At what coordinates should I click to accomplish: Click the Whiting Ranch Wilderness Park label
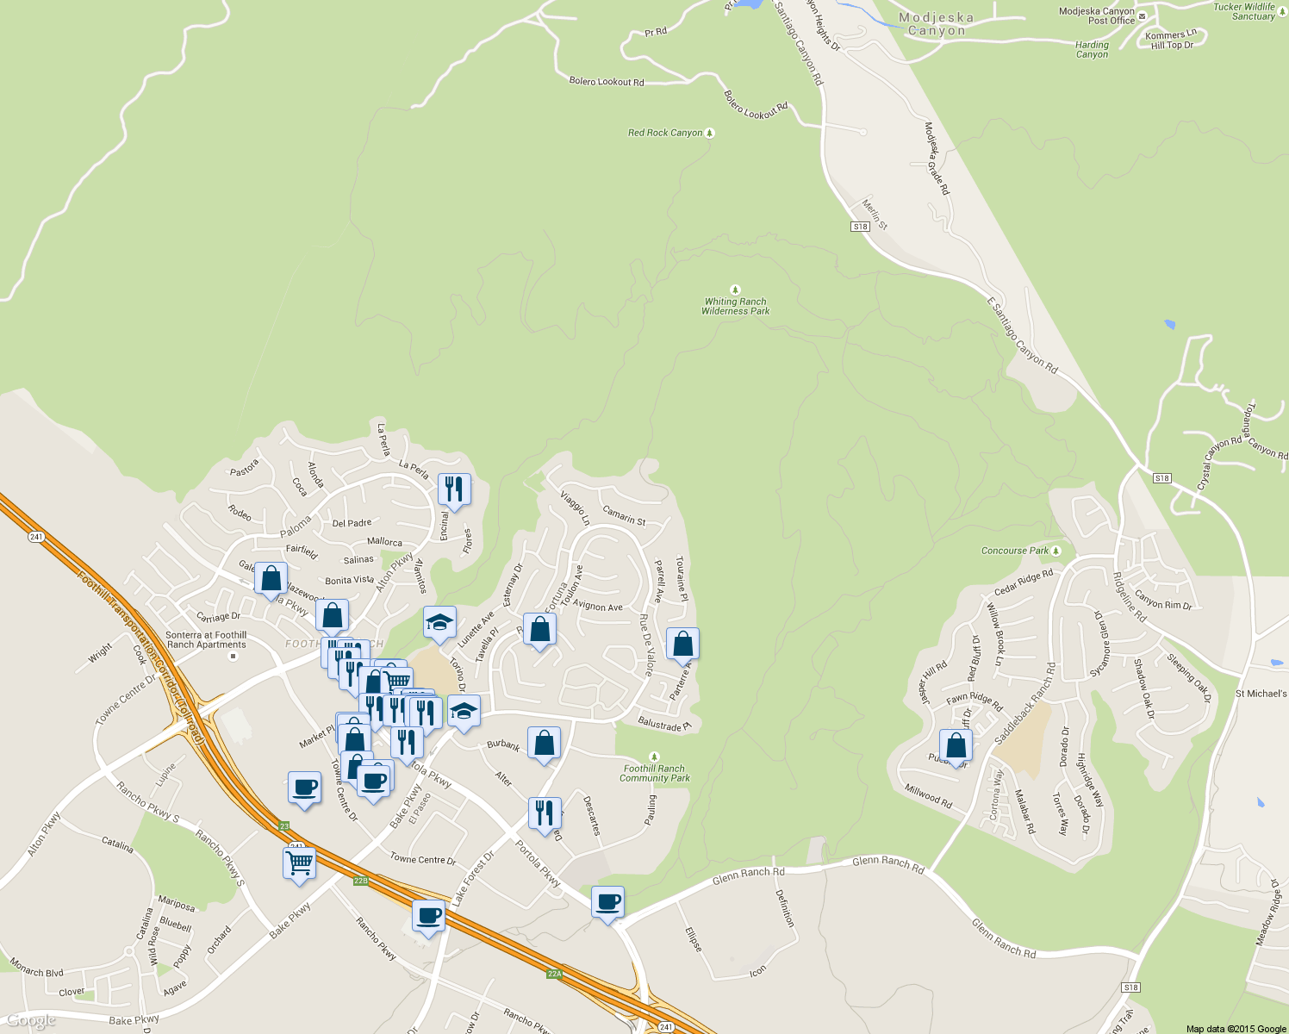pos(735,306)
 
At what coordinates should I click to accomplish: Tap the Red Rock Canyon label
pos(665,133)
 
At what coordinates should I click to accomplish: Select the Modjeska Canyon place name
pos(937,24)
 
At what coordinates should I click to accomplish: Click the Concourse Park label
pos(1015,551)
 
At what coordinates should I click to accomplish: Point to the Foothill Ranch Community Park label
pos(655,773)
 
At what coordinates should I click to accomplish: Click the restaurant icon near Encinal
pos(454,489)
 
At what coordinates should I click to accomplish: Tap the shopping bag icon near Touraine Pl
pos(682,644)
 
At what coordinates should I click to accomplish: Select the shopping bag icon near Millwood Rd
pos(956,745)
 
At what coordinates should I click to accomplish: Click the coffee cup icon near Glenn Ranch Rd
pos(607,902)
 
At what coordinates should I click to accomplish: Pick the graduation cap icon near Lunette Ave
pos(439,622)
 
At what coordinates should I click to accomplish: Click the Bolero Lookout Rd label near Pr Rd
pos(607,82)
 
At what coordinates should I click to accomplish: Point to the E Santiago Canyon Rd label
pos(1022,335)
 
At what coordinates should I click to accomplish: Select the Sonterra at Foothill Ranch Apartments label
pos(206,639)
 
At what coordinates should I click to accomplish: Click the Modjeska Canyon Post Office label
pos(1097,16)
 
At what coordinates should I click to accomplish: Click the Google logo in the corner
pos(31,1021)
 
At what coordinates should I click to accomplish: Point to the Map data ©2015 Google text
pos(1236,1029)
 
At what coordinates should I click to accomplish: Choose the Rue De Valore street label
pos(645,645)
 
